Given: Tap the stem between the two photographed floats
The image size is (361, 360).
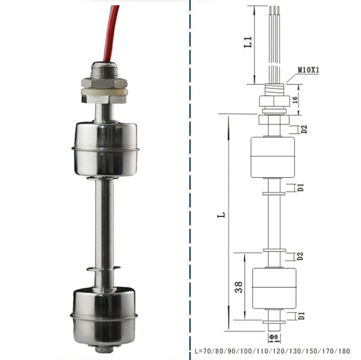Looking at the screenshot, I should pos(104,219).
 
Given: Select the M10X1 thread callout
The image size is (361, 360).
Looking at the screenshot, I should pos(310,71).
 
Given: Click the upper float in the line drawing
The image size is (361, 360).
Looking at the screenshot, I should pos(273,157).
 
